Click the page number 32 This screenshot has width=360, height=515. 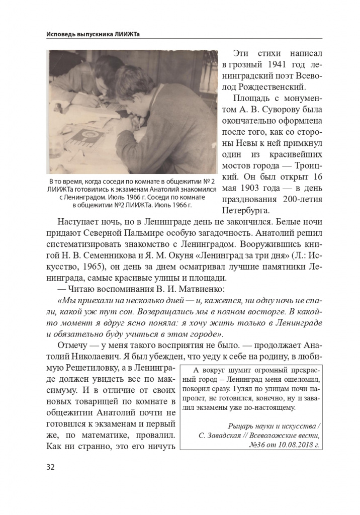coord(50,467)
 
